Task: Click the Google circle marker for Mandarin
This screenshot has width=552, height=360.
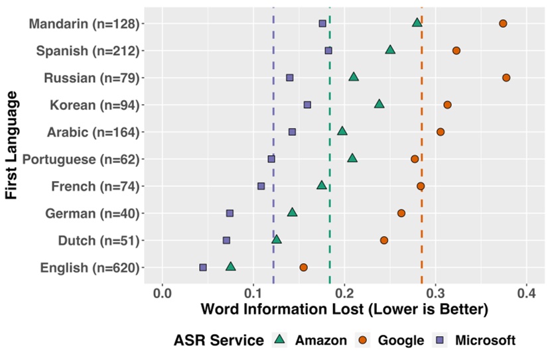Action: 503,23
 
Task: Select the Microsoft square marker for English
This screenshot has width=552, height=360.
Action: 203,267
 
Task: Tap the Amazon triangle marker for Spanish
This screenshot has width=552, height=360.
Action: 390,50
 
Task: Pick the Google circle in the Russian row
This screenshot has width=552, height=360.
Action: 506,78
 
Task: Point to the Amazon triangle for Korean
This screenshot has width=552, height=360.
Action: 379,104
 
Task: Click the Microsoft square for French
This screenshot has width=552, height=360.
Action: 261,186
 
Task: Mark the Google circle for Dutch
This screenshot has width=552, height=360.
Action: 384,240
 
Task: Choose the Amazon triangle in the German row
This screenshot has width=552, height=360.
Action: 292,212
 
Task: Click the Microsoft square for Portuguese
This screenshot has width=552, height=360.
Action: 271,159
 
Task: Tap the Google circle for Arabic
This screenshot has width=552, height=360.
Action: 441,132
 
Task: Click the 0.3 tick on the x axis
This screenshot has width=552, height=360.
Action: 435,292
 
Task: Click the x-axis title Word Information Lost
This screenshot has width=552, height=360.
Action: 344,310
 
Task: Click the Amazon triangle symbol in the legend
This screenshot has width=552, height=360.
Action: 279,341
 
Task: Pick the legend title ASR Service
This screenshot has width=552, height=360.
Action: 218,341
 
